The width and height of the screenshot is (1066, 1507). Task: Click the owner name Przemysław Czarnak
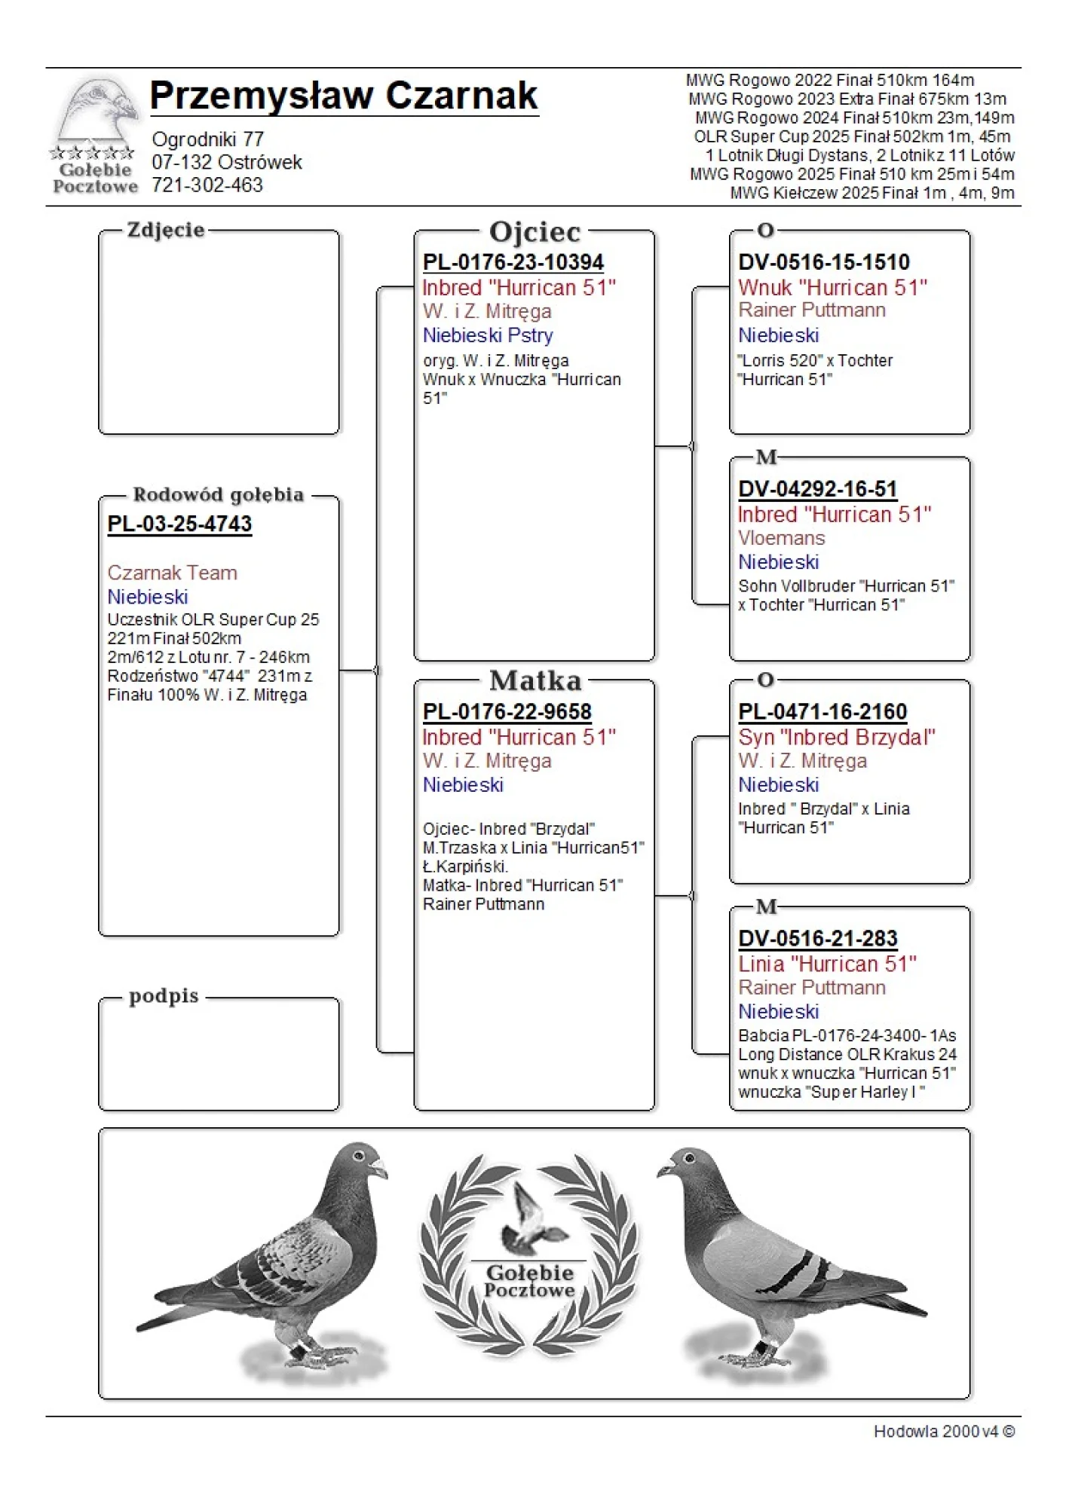pos(343,96)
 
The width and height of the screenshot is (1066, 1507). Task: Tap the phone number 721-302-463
pos(207,185)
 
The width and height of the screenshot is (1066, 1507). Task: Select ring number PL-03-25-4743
pos(179,524)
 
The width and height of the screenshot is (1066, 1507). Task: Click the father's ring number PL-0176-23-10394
pos(513,262)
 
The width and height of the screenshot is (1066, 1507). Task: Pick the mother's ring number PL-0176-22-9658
pos(507,712)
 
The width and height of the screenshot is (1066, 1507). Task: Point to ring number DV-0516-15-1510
pos(823,262)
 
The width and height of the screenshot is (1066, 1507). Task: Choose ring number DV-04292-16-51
pos(817,490)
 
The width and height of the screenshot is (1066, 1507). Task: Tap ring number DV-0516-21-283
pos(817,939)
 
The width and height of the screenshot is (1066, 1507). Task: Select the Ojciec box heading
pos(535,232)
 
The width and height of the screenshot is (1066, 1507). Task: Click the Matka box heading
pos(535,681)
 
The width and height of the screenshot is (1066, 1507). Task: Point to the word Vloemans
pos(781,538)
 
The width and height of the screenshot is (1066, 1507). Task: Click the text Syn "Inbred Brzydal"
pos(836,737)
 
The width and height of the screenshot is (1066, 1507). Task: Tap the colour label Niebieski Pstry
pos(488,335)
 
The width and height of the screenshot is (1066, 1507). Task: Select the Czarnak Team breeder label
pos(172,573)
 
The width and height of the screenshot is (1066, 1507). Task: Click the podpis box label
pos(164,996)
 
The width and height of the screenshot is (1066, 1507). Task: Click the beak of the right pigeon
pos(663,1170)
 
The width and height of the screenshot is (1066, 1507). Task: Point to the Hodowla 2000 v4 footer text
pos(943,1432)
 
